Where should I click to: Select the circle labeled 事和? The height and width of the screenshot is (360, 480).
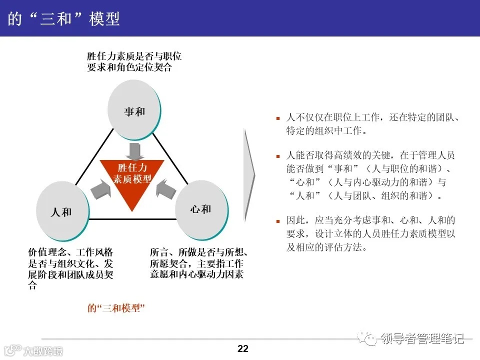pyautogui.click(x=134, y=111)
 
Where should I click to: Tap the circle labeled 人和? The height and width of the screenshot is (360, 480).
pyautogui.click(x=62, y=211)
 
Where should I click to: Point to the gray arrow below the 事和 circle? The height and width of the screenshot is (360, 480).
pyautogui.click(x=133, y=150)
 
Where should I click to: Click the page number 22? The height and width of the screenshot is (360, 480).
pyautogui.click(x=243, y=348)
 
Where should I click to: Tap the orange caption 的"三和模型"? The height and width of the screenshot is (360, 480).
pyautogui.click(x=116, y=308)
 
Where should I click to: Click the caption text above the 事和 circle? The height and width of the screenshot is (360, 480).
pyautogui.click(x=133, y=61)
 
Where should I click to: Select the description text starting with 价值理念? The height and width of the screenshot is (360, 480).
pyautogui.click(x=70, y=268)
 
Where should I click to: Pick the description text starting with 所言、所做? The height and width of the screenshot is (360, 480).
pyautogui.click(x=199, y=263)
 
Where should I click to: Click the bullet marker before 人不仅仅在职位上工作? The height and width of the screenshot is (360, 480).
pyautogui.click(x=278, y=118)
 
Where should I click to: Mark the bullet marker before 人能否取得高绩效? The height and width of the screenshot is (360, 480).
pyautogui.click(x=278, y=156)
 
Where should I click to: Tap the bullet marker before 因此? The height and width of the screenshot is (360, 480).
pyautogui.click(x=278, y=220)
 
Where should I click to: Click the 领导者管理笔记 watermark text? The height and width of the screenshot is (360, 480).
pyautogui.click(x=422, y=339)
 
